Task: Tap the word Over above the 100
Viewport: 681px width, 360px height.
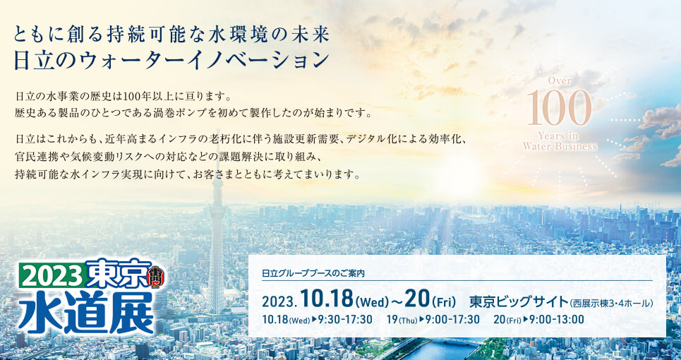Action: pos(560,80)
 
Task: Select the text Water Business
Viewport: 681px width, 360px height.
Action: pos(560,146)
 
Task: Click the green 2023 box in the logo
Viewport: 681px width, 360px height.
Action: pos(52,276)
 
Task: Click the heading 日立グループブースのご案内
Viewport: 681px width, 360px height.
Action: pos(313,274)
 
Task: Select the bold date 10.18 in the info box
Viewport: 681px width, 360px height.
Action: pos(327,299)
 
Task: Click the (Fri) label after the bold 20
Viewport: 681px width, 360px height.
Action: pos(443,300)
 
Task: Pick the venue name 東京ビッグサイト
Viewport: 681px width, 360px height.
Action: pos(519,301)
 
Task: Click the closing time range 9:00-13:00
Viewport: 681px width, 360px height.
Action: pos(557,320)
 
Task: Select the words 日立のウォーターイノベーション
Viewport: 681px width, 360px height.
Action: pos(170,60)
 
